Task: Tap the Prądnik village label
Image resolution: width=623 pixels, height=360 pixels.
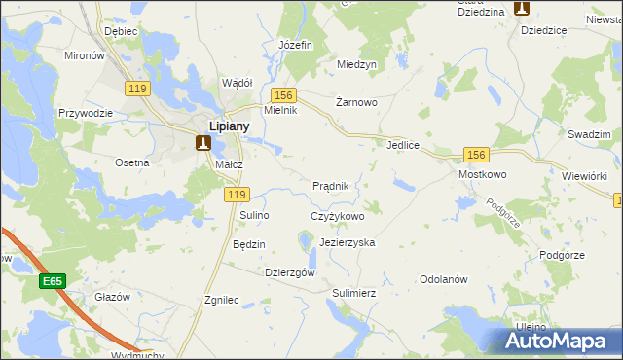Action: click(337, 185)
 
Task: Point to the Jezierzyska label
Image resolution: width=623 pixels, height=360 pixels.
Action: click(347, 241)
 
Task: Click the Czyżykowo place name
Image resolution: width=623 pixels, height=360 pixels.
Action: click(337, 216)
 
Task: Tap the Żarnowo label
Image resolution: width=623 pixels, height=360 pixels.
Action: click(356, 101)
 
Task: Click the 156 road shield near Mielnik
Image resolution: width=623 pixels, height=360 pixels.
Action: click(283, 94)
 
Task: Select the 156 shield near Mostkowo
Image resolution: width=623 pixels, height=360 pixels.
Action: click(475, 155)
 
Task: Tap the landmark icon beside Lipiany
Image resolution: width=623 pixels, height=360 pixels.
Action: click(203, 144)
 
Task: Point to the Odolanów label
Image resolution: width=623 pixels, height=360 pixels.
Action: click(444, 279)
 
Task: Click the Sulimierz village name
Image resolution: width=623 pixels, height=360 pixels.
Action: click(353, 292)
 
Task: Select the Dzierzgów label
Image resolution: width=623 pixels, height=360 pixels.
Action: click(290, 273)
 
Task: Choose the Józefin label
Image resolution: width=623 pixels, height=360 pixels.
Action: click(295, 45)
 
